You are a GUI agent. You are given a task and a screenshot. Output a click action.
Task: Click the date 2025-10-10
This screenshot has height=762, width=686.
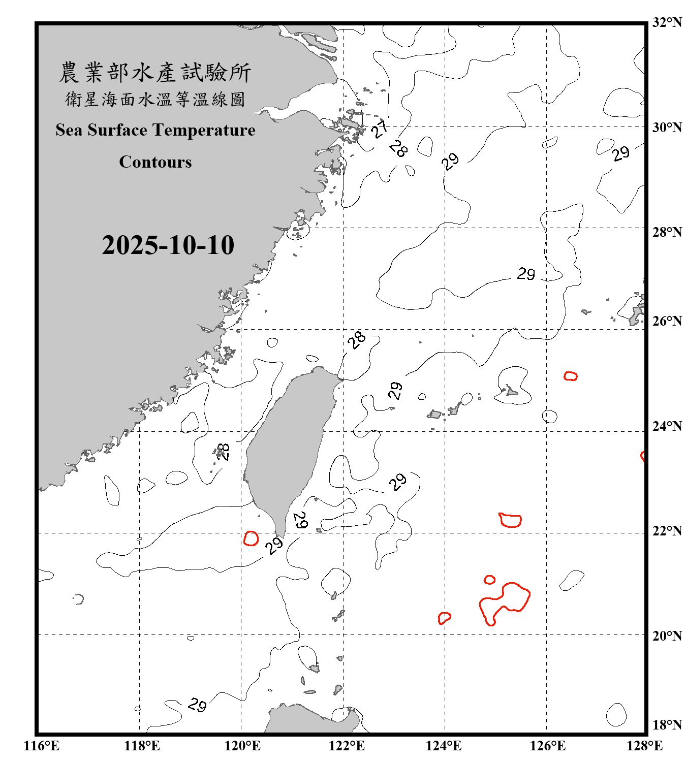coord(168,245)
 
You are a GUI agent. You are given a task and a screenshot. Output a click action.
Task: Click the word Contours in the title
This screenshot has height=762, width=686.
coord(155,162)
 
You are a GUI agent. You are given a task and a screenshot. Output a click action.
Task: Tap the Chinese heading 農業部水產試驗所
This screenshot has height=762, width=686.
coord(155,73)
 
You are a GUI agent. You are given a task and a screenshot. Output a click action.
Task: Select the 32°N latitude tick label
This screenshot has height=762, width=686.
coord(667,22)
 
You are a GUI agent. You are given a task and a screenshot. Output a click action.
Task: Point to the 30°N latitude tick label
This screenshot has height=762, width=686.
coord(667,127)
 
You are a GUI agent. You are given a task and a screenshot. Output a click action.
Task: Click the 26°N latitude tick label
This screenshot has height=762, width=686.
coord(667,321)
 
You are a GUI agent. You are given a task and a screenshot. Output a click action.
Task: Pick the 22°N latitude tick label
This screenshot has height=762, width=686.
coord(667,531)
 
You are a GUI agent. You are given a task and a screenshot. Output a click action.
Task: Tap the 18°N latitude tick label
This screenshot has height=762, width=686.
coord(667,725)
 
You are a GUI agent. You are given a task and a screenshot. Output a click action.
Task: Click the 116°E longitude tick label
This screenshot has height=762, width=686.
coord(41,746)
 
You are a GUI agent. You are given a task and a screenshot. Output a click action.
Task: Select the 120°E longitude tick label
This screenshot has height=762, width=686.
coord(242,746)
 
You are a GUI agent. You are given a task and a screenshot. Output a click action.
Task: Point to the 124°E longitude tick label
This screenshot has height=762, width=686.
coord(444,746)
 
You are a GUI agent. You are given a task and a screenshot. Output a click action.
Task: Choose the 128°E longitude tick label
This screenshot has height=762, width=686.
coord(644,746)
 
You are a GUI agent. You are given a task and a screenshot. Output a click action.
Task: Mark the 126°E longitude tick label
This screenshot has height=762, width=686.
coord(547,746)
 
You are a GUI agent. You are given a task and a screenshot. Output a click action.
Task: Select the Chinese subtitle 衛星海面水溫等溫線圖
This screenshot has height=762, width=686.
coord(155,99)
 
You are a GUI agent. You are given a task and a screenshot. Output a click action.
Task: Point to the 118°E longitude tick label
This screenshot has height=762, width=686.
coord(142,746)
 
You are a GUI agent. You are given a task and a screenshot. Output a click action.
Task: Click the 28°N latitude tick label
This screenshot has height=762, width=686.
coord(667,232)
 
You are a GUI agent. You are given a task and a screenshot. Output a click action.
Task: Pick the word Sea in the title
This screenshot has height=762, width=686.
coord(69,130)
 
